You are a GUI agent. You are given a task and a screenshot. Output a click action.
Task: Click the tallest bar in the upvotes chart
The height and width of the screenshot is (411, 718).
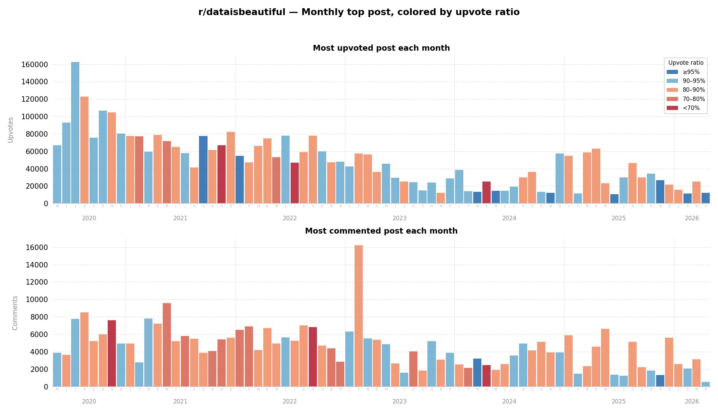(75, 134)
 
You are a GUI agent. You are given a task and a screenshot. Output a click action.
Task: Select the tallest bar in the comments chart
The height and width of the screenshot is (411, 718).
(359, 315)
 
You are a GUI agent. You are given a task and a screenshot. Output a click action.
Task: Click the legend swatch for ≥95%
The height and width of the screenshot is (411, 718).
(672, 72)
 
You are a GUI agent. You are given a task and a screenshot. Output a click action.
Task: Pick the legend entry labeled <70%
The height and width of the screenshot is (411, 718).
(691, 108)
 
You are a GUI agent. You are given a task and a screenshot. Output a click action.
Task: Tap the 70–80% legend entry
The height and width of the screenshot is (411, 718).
(694, 99)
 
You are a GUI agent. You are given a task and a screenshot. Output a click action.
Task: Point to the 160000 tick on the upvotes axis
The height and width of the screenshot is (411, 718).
(34, 65)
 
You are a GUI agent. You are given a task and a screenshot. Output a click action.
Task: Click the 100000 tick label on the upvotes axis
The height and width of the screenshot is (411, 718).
(34, 117)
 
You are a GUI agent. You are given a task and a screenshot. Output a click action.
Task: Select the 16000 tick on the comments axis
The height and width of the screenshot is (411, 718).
(37, 248)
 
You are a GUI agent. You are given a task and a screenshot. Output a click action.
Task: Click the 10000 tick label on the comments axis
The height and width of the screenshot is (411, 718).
(37, 300)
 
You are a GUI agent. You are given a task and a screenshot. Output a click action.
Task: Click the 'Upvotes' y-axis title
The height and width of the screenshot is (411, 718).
(11, 130)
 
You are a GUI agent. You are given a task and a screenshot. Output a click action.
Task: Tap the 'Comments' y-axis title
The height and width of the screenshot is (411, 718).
(15, 313)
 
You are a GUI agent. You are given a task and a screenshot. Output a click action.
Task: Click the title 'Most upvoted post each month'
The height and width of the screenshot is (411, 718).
(381, 48)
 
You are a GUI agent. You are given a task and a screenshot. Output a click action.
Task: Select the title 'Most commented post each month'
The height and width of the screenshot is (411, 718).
(381, 231)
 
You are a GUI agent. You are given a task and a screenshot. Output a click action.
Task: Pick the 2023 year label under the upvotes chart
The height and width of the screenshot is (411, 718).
(399, 219)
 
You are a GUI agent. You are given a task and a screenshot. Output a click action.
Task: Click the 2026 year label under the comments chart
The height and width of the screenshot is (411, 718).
(692, 401)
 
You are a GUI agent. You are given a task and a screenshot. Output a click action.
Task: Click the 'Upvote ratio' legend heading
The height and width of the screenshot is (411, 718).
(686, 63)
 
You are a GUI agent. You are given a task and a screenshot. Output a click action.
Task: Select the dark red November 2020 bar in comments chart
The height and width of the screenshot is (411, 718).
(112, 353)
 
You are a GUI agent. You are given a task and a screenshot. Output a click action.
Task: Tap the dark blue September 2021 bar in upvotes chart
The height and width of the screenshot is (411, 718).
(203, 170)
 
